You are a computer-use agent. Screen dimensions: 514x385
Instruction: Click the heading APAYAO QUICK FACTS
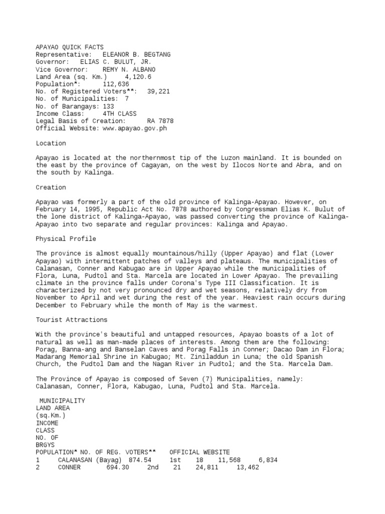pyautogui.click(x=70, y=47)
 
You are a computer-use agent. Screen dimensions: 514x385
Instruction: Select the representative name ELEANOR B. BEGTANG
pyautogui.click(x=136, y=54)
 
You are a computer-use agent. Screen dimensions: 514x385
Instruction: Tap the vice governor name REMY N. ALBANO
pyautogui.click(x=129, y=69)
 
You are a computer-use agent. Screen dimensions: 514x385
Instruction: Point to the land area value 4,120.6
pyautogui.click(x=134, y=77)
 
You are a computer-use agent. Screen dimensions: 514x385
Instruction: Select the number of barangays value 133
pyautogui.click(x=108, y=106)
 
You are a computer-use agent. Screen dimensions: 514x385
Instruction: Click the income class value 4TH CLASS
pyautogui.click(x=119, y=114)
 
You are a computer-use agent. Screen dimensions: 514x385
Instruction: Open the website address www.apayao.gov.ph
pyautogui.click(x=134, y=128)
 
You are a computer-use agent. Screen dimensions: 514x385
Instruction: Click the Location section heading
pyautogui.click(x=51, y=143)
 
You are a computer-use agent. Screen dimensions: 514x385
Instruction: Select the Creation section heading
pyautogui.click(x=51, y=187)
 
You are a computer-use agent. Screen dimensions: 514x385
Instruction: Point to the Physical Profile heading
pyautogui.click(x=66, y=239)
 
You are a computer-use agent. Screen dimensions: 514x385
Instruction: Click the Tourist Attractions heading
pyautogui.click(x=71, y=320)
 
